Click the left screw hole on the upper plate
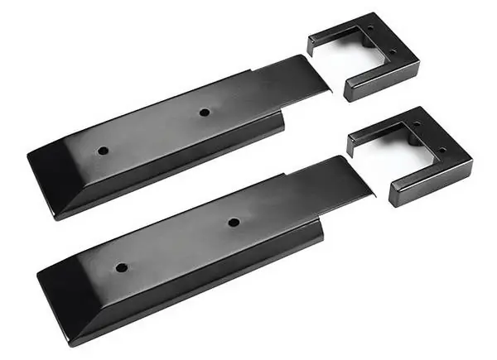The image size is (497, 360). (103, 151)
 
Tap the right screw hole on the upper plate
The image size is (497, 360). (204, 112)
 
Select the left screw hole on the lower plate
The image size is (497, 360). (122, 268)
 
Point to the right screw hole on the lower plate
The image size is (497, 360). (234, 222)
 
